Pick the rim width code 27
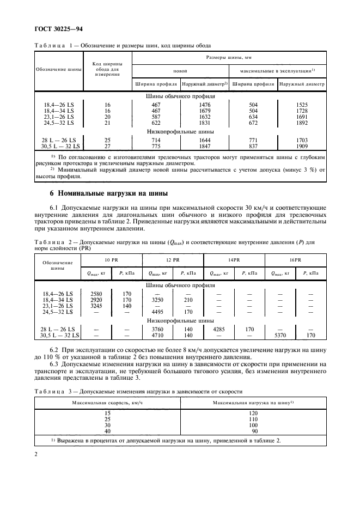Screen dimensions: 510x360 (107, 146)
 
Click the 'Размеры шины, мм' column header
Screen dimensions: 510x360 (229, 57)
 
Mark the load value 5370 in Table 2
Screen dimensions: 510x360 (280, 335)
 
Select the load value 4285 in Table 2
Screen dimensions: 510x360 (218, 329)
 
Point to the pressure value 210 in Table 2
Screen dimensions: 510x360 (188, 299)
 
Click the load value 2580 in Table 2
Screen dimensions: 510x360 (96, 293)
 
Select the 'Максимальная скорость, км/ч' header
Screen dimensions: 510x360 (107, 402)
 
